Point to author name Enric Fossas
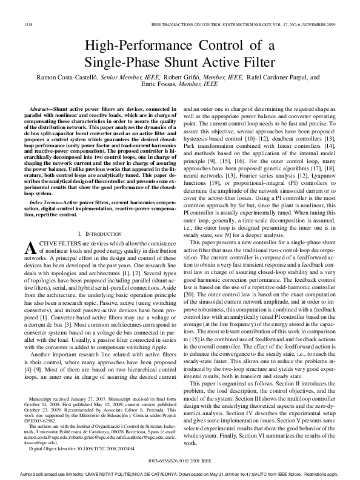(x=160, y=85)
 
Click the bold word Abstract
(x=39, y=107)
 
